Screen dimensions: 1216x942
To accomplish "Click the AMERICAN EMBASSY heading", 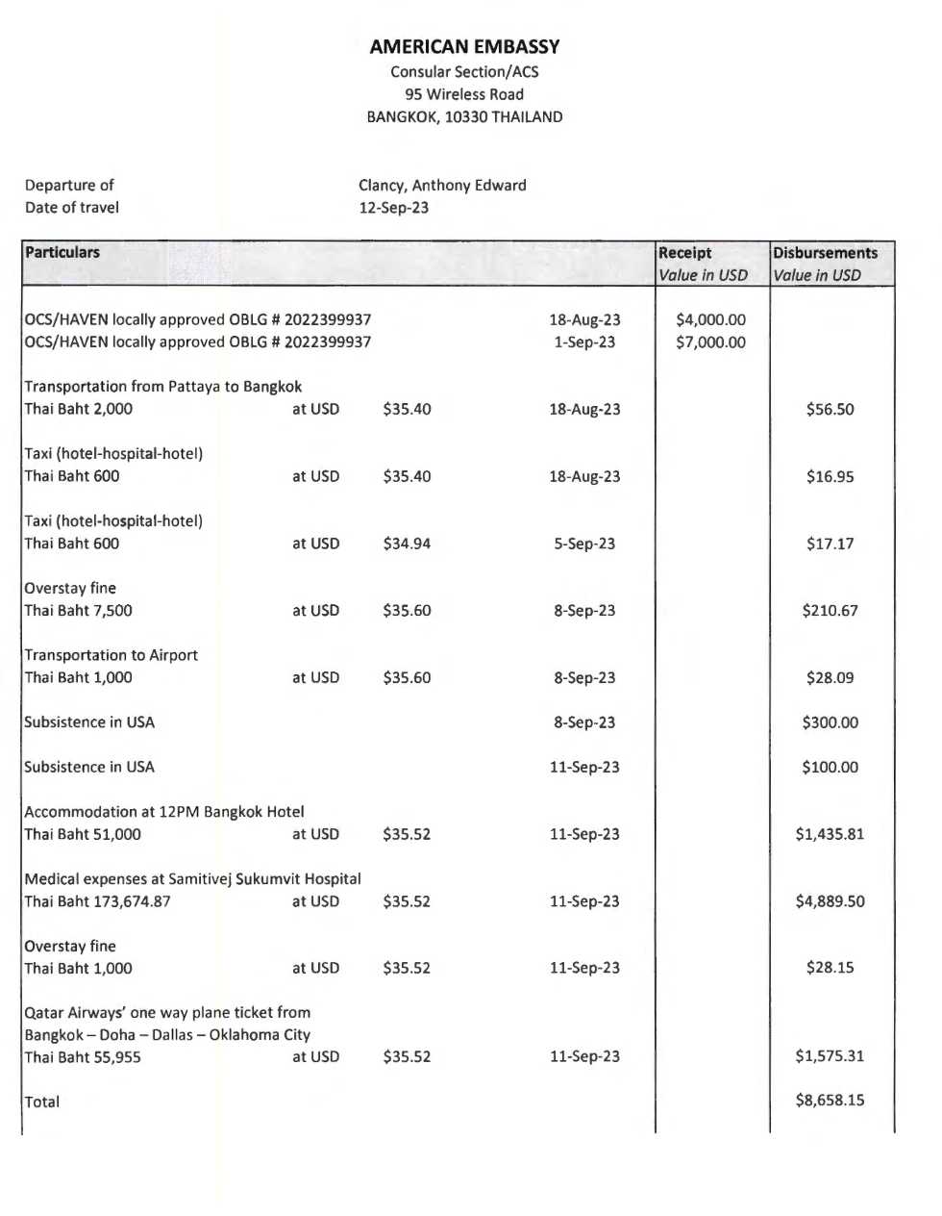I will click(x=464, y=46).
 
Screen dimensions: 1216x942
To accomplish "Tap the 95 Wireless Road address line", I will click(x=464, y=94).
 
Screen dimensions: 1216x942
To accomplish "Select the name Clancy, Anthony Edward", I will click(x=442, y=185).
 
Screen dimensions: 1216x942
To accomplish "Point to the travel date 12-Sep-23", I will click(x=394, y=208).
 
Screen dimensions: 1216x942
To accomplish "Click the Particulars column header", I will click(x=62, y=252).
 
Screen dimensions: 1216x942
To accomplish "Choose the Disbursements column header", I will click(x=825, y=253).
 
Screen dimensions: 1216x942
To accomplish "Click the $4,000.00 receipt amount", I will click(x=710, y=319).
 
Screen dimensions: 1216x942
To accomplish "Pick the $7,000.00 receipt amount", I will click(x=710, y=342).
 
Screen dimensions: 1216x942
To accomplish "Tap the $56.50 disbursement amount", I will click(x=830, y=409).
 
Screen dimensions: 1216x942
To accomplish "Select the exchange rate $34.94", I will click(x=407, y=544).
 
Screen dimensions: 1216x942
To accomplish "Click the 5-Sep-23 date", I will click(x=584, y=544).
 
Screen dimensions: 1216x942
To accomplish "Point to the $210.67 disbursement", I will click(x=830, y=610).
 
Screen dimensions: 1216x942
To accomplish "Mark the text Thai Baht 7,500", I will click(x=79, y=610).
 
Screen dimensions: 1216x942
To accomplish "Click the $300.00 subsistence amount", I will click(x=830, y=722).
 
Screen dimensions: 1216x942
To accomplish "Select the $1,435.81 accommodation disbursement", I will click(x=830, y=834).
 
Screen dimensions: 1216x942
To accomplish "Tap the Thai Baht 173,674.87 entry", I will click(x=97, y=901).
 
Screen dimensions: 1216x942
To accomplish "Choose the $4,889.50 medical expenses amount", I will click(x=830, y=901).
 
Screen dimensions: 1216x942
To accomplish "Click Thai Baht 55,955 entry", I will click(x=83, y=1057).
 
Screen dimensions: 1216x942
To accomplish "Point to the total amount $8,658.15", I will click(x=830, y=1100).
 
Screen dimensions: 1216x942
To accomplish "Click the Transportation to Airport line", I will click(x=112, y=655).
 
